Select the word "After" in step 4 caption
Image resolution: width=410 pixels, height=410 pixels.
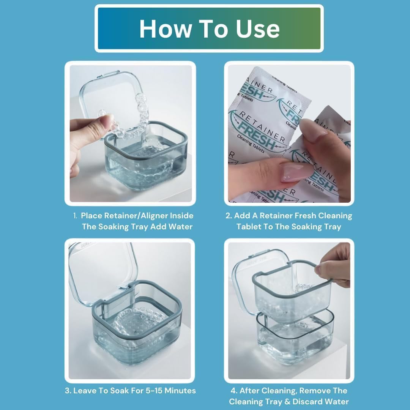[252, 391]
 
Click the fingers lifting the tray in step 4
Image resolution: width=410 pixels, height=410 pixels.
[334, 266]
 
